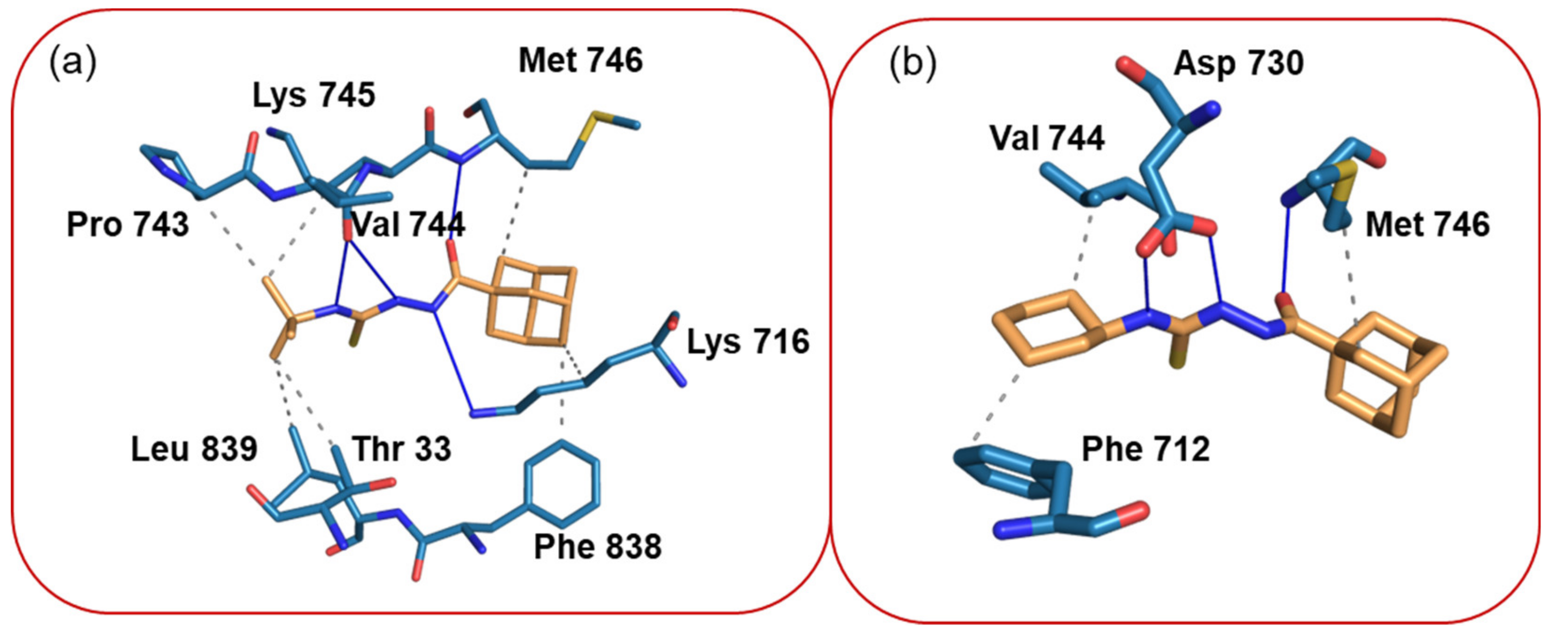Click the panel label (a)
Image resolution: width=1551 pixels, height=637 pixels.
[72, 62]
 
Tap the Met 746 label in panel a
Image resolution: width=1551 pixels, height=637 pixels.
[581, 61]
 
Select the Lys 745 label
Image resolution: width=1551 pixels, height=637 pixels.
[314, 95]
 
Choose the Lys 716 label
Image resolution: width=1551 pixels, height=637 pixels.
[748, 342]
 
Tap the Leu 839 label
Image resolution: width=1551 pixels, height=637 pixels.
[194, 449]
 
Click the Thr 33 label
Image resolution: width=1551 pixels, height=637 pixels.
[401, 449]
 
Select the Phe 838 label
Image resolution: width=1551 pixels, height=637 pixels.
[598, 547]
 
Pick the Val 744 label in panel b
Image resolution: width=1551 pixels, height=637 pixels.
[1047, 138]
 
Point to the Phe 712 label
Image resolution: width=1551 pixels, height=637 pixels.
[1146, 449]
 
